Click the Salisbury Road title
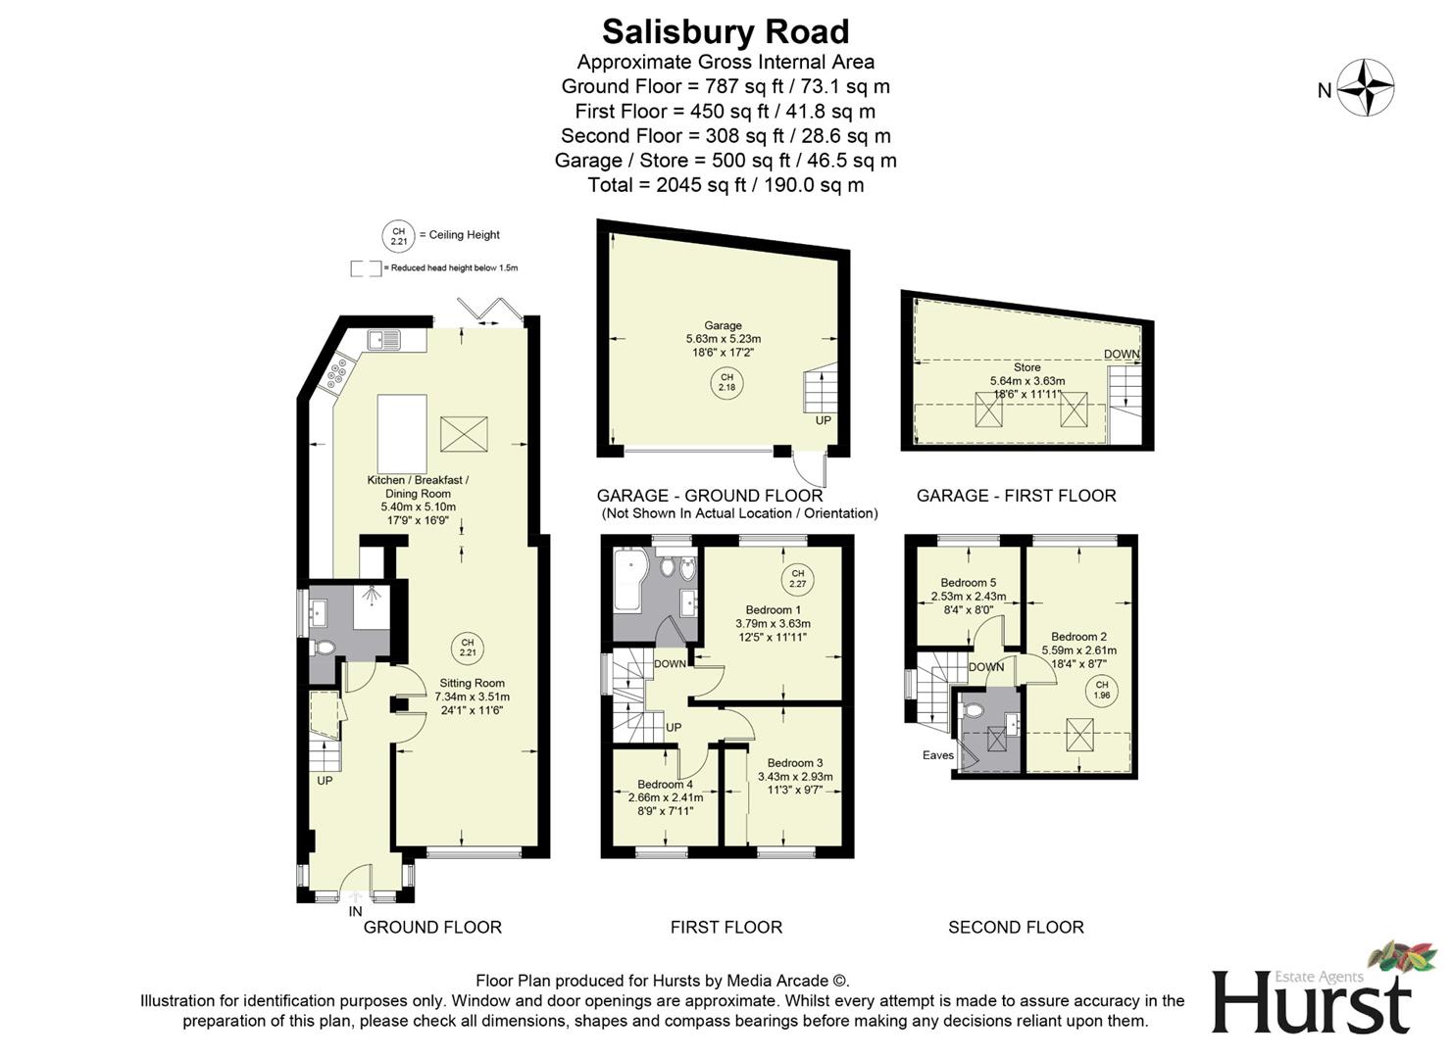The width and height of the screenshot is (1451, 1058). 725,32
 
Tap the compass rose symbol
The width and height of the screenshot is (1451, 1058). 1367,88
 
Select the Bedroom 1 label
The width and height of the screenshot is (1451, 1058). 773,609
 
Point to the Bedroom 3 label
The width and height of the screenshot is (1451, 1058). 794,763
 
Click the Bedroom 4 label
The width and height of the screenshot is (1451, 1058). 665,785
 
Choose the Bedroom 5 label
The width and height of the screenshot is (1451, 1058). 968,583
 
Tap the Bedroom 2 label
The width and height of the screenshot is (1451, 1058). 1078,637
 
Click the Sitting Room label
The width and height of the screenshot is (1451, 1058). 472,684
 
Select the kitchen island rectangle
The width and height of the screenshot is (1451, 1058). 402,433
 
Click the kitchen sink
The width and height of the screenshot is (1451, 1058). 383,340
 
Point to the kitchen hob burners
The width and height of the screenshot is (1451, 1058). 338,371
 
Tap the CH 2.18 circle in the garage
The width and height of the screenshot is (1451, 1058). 726,382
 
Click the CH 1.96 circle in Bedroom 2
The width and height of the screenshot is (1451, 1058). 1102,691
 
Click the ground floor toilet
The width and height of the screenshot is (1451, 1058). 324,648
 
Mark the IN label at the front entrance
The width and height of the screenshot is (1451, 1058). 355,912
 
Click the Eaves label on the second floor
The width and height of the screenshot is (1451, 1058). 937,755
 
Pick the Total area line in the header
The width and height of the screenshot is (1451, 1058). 725,185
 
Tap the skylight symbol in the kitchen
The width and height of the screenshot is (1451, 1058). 464,433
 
